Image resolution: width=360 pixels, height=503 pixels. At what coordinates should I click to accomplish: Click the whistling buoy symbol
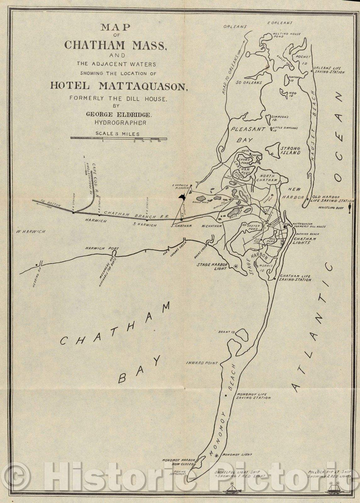click(x=349, y=209)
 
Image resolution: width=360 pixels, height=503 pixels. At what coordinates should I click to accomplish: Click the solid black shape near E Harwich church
click(x=182, y=198)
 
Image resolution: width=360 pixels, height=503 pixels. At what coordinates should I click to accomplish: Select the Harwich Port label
click(x=97, y=248)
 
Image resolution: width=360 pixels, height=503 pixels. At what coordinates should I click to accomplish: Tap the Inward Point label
click(x=202, y=363)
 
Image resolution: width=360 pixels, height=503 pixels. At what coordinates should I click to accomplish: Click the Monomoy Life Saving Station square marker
click(x=226, y=395)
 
